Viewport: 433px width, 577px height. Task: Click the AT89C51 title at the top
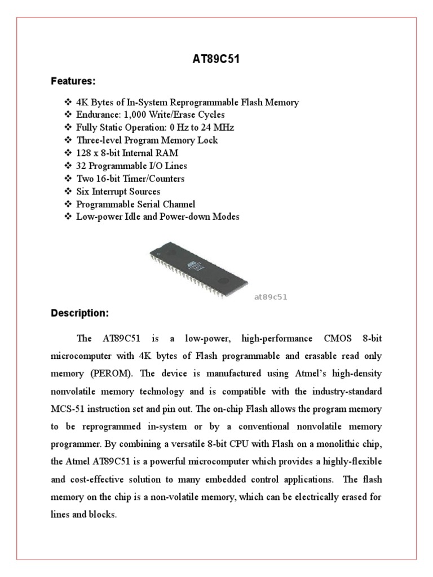click(x=216, y=59)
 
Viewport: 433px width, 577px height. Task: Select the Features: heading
click(x=73, y=82)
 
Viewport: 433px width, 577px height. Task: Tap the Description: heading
click(x=79, y=313)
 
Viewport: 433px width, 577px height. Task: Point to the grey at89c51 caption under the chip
click(x=271, y=297)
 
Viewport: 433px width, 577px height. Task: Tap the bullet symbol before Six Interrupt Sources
click(x=68, y=192)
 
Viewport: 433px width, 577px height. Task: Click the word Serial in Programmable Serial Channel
click(x=145, y=205)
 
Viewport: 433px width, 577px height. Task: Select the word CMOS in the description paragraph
click(x=338, y=339)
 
